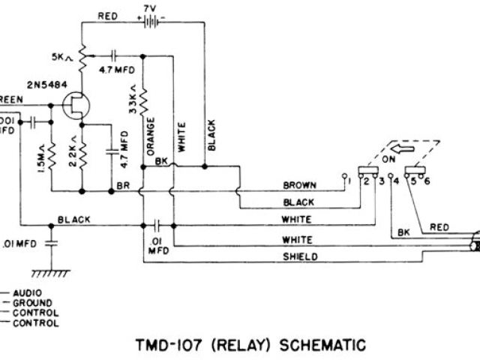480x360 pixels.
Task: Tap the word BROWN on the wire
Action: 300,184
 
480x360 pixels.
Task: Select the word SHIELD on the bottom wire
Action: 299,256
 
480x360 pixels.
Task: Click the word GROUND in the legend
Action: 31,302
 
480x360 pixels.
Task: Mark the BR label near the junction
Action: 123,184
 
